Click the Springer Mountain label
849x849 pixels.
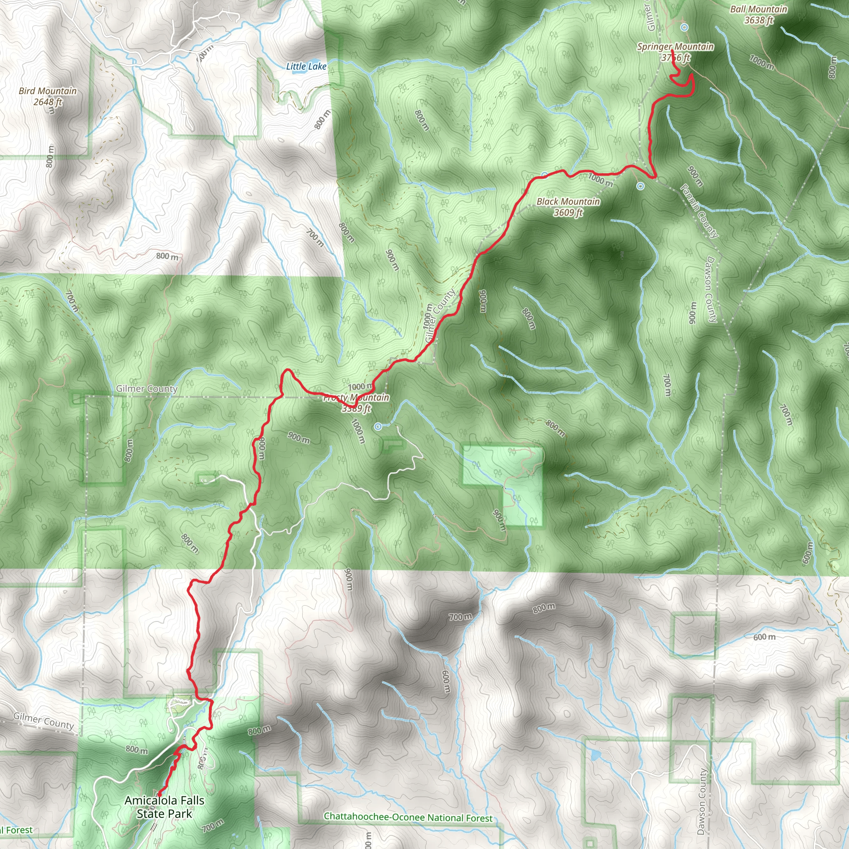pos(675,46)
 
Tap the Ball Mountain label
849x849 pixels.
pos(759,9)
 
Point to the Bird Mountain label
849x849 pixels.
pos(47,91)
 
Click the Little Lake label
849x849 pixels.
pos(306,66)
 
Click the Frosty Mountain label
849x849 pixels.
pos(357,398)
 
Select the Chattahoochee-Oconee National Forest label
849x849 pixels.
pos(408,817)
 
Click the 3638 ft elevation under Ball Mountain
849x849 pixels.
pos(759,20)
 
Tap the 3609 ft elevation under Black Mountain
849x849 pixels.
pos(568,213)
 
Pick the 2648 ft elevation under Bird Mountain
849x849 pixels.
pos(47,102)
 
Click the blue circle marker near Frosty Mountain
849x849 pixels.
pos(378,426)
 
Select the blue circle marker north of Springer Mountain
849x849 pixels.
pos(684,28)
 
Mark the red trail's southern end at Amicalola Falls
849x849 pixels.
pos(159,796)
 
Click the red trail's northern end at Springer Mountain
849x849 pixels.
pos(672,51)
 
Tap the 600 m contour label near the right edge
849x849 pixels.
pos(764,637)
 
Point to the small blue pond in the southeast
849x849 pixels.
pos(595,755)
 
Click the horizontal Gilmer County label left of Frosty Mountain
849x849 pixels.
pos(147,388)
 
